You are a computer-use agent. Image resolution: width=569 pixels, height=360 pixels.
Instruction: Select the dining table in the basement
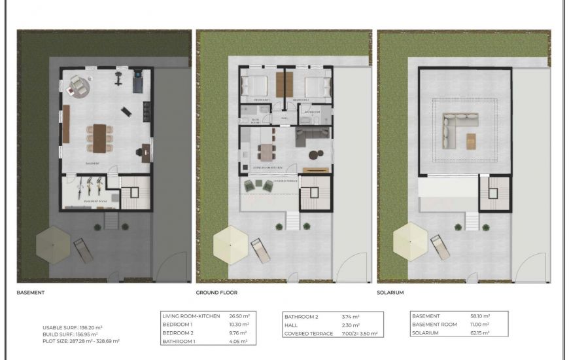99,137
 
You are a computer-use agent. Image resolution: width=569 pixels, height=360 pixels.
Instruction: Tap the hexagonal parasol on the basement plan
52,242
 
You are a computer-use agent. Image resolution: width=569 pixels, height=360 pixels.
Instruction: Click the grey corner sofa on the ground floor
309,137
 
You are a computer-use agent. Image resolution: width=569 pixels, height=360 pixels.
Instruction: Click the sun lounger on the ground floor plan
259,249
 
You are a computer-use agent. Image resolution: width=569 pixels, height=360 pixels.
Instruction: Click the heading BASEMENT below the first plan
30,293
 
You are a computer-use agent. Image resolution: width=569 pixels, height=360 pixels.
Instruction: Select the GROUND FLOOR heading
216,293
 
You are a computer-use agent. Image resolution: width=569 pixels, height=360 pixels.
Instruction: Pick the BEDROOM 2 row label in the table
178,333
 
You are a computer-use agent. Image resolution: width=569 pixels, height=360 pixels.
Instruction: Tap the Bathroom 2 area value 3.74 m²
351,317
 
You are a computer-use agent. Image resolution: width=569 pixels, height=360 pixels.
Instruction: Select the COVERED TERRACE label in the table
307,333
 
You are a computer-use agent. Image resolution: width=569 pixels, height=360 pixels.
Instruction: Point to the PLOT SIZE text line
80,341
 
